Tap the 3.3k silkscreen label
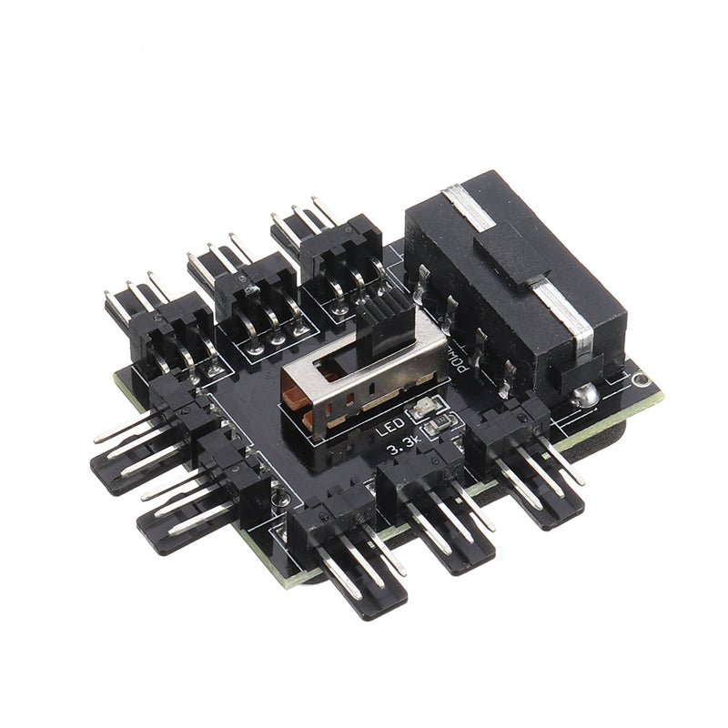(404, 449)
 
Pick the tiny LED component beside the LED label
(423, 412)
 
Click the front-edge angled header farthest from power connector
(350, 546)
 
